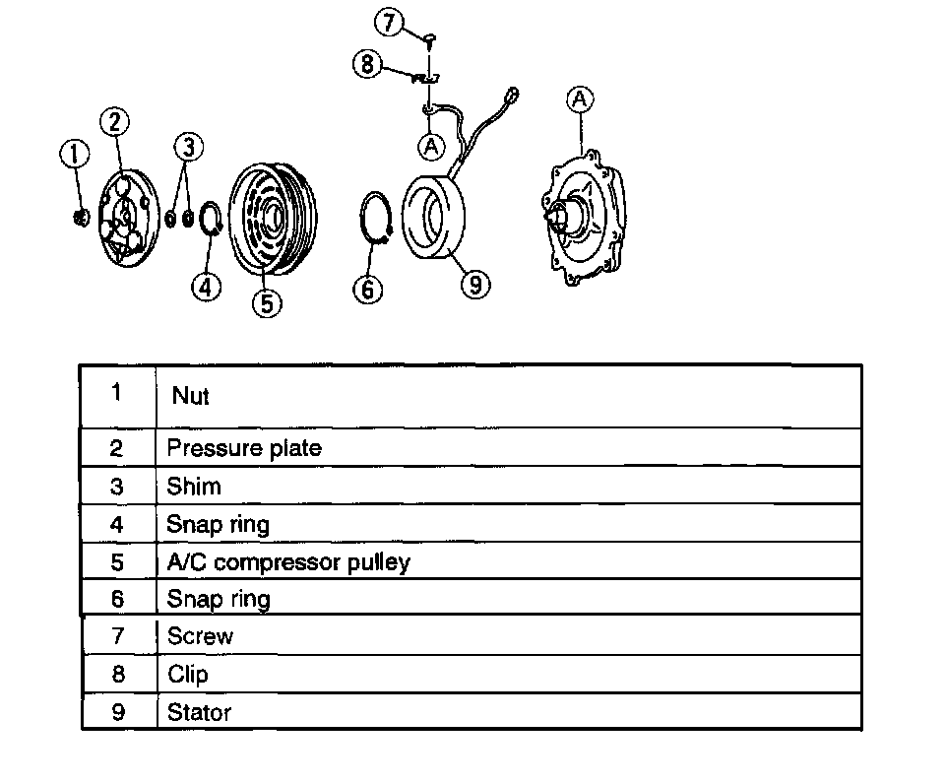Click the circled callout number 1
click(x=74, y=155)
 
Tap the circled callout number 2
click(x=115, y=121)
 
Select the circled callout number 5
click(x=267, y=301)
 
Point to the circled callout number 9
click(x=475, y=284)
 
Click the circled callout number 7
click(x=392, y=22)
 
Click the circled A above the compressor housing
click(x=581, y=98)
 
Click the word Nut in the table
click(x=190, y=396)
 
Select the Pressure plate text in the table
click(x=244, y=448)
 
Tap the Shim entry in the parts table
click(x=194, y=487)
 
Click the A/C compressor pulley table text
click(x=288, y=562)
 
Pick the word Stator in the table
click(x=200, y=712)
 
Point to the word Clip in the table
click(x=188, y=675)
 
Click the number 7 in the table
click(x=118, y=636)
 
